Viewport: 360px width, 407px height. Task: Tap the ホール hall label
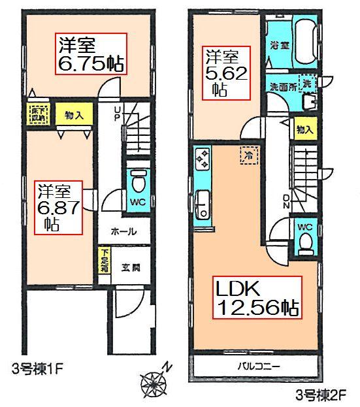point(123,232)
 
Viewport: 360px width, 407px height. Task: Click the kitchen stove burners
point(202,159)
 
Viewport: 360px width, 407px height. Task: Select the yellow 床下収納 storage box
point(35,112)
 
